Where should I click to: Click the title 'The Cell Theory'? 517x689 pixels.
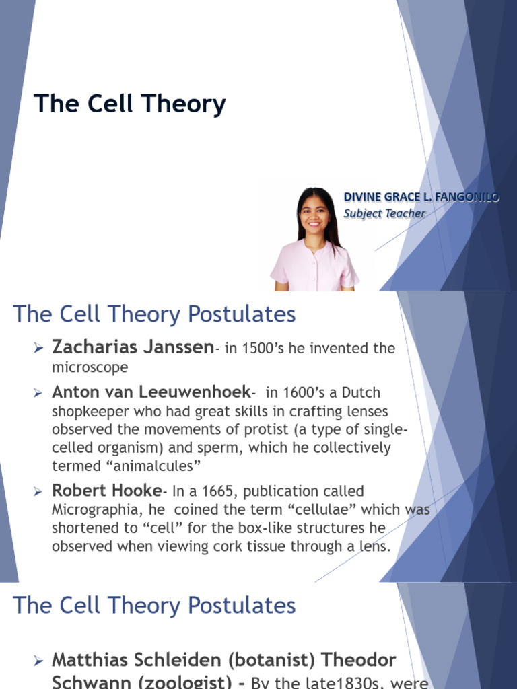130,104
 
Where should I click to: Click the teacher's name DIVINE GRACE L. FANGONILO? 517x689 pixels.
421,197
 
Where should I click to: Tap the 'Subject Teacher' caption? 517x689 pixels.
384,213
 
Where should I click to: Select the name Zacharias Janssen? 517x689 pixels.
132,347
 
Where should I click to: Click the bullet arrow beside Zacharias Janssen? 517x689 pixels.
38,348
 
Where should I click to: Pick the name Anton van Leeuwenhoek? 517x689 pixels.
151,392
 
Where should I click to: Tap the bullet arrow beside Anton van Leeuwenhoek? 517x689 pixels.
38,393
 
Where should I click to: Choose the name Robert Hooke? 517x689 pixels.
106,491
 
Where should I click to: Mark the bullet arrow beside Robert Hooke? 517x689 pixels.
38,492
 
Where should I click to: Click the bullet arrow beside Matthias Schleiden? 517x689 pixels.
38,662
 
